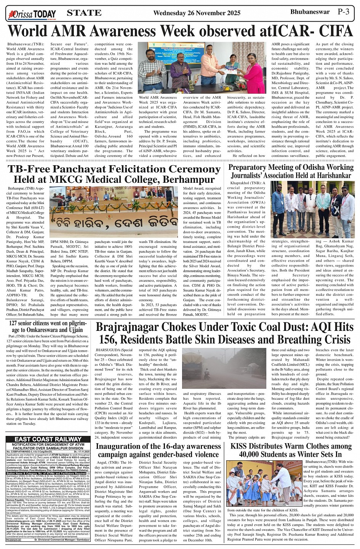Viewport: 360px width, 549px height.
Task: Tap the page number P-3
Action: pos(346,12)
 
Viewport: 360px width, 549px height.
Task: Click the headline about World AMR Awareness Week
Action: pos(180,31)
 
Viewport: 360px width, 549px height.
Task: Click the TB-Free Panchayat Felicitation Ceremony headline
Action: pos(114,174)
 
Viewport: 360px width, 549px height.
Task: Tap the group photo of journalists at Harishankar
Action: pos(312,209)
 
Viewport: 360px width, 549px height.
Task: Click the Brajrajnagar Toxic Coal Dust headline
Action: pos(224,333)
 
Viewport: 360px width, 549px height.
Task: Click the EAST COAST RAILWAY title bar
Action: pos(48,439)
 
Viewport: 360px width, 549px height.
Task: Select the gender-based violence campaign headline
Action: pos(158,450)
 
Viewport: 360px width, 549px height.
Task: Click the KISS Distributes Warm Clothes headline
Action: pos(291,450)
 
